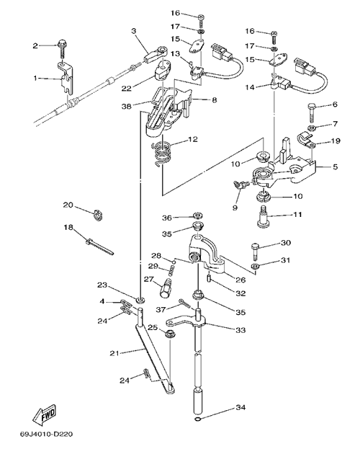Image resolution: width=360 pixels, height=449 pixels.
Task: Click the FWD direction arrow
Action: coord(45,416)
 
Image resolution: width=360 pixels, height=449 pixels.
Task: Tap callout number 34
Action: coord(240,407)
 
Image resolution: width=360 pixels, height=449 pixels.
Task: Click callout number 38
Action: coord(127,106)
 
